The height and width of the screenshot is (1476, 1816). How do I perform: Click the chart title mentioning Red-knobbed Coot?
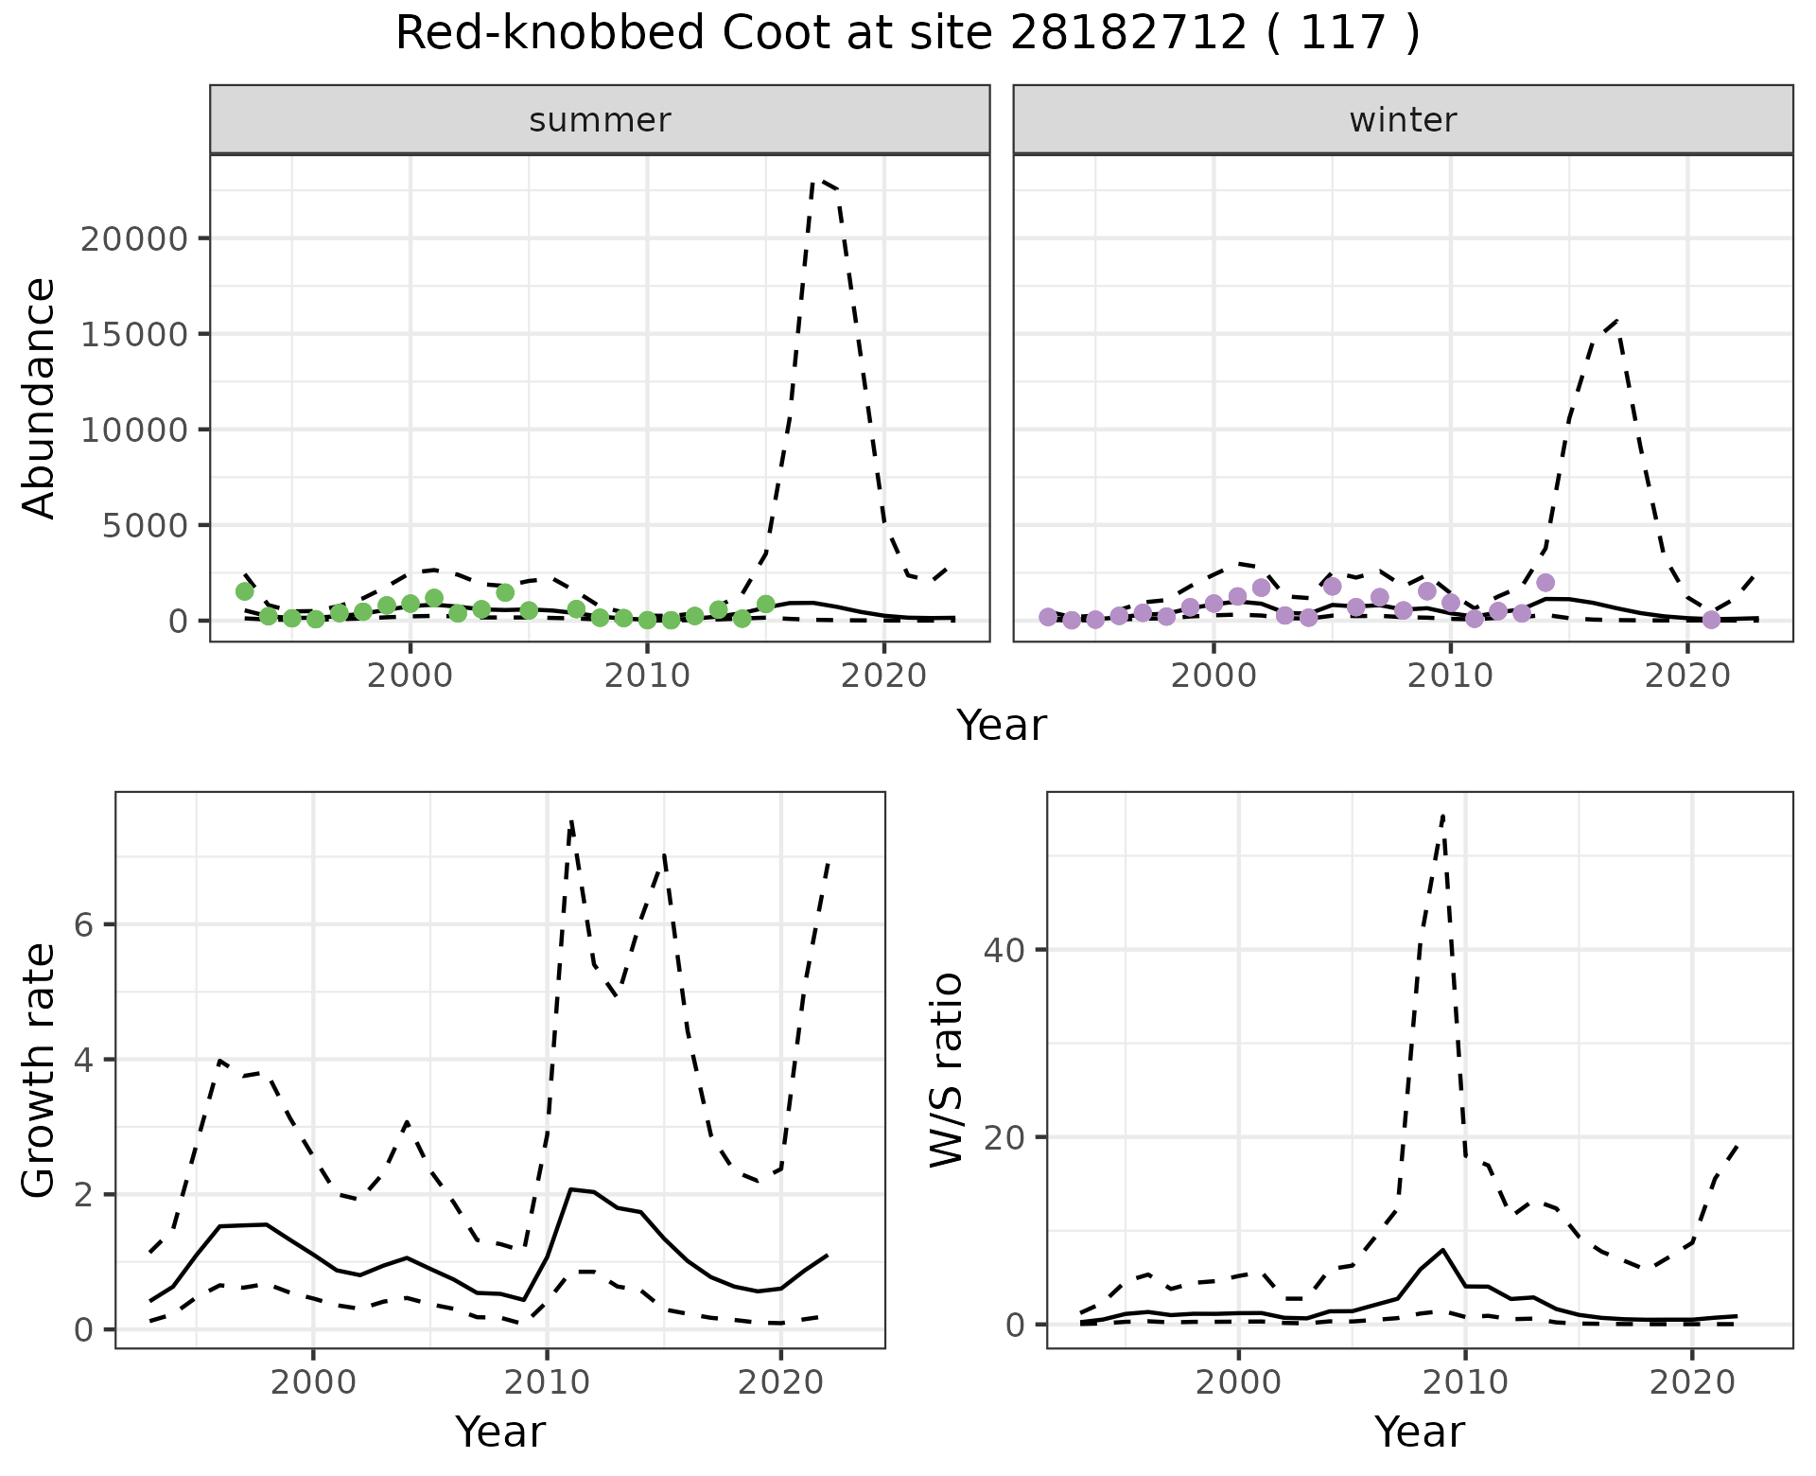(907, 34)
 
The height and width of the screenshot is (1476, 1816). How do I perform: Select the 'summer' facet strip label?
(600, 120)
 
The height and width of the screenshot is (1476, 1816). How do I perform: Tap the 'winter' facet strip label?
(1403, 120)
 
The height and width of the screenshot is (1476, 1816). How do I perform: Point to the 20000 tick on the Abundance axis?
(134, 238)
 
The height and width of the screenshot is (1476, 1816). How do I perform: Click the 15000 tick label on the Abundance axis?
(134, 334)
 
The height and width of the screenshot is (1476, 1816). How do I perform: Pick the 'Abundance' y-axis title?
(39, 397)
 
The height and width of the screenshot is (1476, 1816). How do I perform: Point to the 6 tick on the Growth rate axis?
(84, 925)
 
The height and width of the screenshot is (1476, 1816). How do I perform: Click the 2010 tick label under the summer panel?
(647, 676)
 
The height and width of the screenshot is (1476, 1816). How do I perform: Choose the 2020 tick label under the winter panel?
(1687, 676)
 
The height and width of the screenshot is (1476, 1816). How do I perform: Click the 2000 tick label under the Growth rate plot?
(313, 1382)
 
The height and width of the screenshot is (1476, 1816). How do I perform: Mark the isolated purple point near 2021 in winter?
(1711, 620)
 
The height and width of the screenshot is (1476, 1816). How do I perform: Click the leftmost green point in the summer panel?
(245, 591)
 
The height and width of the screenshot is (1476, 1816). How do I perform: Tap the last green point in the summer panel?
(766, 604)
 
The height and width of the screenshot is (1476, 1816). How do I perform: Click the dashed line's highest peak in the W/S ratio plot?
(1442, 815)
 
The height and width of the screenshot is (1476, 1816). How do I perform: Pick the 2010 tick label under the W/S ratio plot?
(1465, 1382)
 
